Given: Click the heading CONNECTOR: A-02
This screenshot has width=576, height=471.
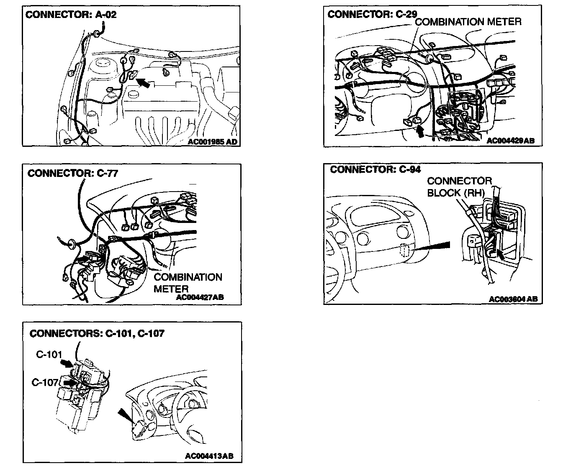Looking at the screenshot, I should (x=71, y=15).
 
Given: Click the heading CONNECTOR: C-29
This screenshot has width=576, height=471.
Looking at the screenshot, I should (x=372, y=14).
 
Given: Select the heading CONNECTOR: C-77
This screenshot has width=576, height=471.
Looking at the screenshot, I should (x=73, y=173).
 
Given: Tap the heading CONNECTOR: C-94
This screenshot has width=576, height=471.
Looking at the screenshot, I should (x=375, y=169).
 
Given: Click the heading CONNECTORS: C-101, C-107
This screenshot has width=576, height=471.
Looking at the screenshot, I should (x=97, y=333).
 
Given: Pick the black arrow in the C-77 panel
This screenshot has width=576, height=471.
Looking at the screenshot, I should (x=83, y=260).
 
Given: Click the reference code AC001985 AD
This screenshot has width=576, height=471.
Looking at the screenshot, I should (x=212, y=142).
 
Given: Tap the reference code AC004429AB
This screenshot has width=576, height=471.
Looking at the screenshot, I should (x=510, y=141).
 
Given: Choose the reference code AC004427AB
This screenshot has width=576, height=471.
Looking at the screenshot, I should (x=200, y=297).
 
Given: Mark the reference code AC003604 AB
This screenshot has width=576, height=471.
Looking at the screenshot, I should (x=513, y=299).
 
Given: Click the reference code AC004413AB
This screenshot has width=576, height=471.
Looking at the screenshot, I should (x=209, y=456).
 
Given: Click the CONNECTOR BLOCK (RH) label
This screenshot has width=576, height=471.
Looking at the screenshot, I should (x=459, y=187).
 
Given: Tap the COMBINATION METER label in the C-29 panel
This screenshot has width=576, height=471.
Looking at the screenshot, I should (x=468, y=22).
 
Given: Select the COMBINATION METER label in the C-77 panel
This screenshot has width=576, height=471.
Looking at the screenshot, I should (x=188, y=283).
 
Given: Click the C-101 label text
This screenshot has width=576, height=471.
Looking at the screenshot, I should (x=49, y=355).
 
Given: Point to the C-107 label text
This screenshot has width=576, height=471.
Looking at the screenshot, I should (x=44, y=382).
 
